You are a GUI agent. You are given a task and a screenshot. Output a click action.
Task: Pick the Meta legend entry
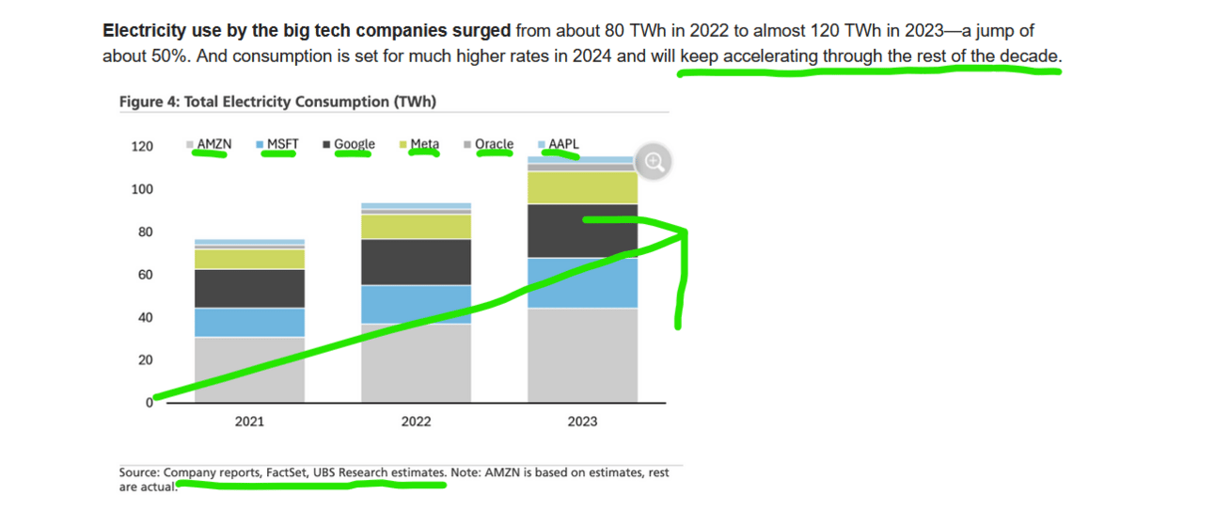[424, 144]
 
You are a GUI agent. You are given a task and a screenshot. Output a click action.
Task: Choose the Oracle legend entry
[494, 144]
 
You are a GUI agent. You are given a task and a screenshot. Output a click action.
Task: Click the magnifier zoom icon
[655, 162]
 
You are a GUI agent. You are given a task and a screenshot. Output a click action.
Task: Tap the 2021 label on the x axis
[249, 422]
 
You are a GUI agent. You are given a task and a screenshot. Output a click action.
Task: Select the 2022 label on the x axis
[416, 422]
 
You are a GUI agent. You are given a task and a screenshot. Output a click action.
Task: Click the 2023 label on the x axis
[582, 422]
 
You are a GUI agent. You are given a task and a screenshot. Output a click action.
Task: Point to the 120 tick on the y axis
[142, 147]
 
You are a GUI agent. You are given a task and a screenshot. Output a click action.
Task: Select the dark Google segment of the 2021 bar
[249, 288]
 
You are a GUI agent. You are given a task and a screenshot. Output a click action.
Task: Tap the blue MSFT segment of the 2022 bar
[416, 304]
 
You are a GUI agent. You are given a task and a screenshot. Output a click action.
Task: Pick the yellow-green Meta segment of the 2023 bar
[582, 187]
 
